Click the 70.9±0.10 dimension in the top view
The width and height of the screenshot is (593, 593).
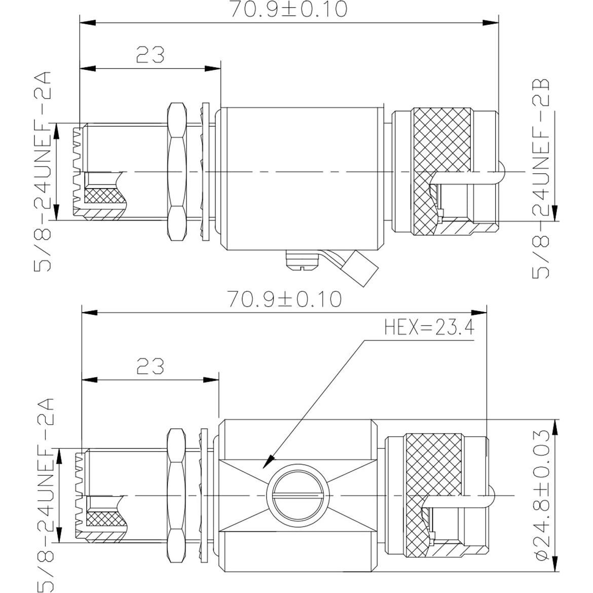click(289, 10)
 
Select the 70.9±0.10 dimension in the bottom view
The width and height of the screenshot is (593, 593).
click(284, 299)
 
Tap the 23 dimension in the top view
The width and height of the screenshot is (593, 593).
click(150, 55)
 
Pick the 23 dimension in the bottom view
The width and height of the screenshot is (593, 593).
click(150, 365)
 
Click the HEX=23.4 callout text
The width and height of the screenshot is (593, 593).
click(429, 328)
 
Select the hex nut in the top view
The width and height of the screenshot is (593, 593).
click(175, 172)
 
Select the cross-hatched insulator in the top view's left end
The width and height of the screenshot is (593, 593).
click(101, 196)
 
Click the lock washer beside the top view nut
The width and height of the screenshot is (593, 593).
click(205, 172)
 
